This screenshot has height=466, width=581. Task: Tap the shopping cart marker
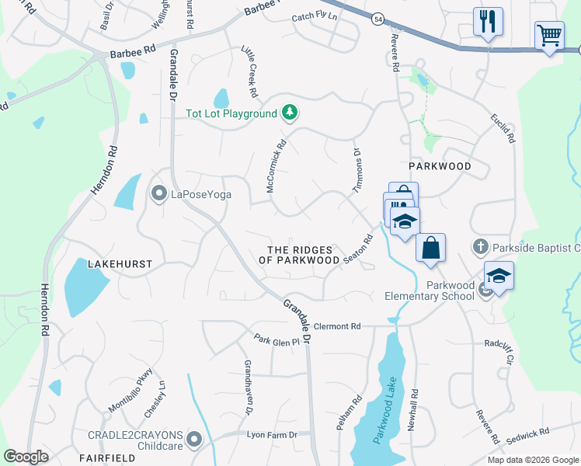click(x=549, y=36)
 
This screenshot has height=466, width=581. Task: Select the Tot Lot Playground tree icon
click(x=290, y=113)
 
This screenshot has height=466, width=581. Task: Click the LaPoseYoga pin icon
click(x=159, y=193)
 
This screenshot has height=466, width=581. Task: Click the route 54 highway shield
click(x=377, y=19)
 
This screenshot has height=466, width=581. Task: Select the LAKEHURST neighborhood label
click(x=120, y=264)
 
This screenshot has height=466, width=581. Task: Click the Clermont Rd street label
click(x=339, y=327)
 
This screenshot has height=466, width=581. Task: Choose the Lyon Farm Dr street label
click(x=272, y=436)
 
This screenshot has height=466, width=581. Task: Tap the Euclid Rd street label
click(x=503, y=128)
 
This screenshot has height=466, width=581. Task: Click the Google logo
click(x=26, y=457)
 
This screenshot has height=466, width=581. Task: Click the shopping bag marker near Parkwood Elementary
click(x=430, y=248)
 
